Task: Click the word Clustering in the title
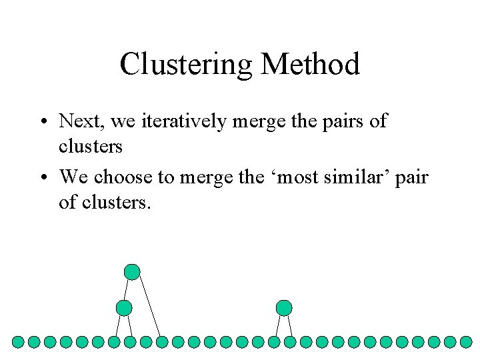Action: [187, 65]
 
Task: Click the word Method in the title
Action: [311, 65]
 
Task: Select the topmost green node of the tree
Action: [132, 271]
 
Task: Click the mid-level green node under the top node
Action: [123, 308]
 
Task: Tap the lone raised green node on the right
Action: [284, 308]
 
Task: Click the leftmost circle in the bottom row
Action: [19, 342]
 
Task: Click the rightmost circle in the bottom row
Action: [466, 342]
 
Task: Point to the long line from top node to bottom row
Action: [150, 307]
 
